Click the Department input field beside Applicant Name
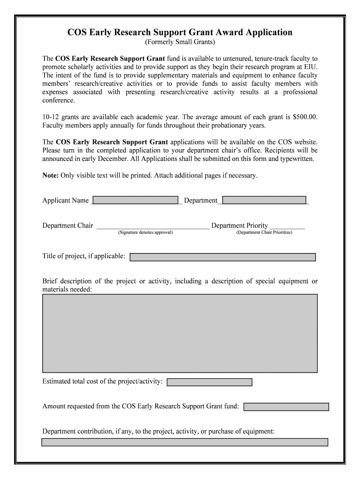[x=264, y=200]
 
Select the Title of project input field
[x=223, y=257]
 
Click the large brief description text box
[x=180, y=333]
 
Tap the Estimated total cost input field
[x=209, y=382]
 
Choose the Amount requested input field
[x=286, y=406]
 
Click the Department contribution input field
[x=185, y=442]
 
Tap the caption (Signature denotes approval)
[x=145, y=232]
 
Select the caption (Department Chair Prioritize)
[x=264, y=232]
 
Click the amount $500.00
[x=305, y=116]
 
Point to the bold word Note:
[x=50, y=175]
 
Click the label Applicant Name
[x=65, y=201]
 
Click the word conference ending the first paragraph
[x=58, y=100]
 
